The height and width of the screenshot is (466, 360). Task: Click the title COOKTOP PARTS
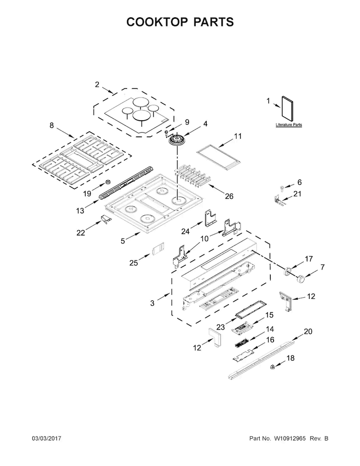coord(180,22)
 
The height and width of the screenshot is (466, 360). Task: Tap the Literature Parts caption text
coord(288,125)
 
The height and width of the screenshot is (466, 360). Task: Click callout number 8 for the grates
coord(51,126)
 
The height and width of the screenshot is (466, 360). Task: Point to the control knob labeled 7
coord(302,278)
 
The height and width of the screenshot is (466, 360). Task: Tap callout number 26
coord(229,196)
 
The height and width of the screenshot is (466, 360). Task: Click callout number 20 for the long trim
coord(308,331)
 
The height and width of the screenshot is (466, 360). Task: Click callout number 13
coord(80,210)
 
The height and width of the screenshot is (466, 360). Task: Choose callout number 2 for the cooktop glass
coord(97,85)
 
